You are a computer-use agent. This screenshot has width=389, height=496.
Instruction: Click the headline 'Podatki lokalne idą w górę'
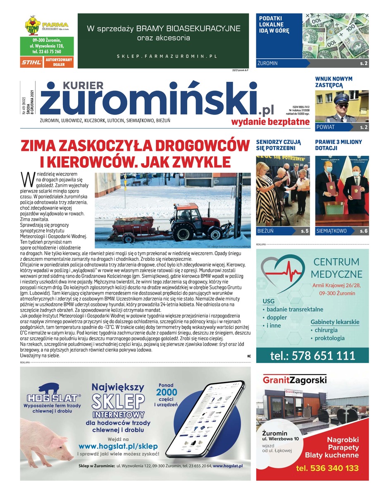coord(274,24)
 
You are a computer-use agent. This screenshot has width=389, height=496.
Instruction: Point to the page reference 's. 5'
coord(304,231)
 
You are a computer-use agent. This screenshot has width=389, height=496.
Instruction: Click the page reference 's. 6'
coord(363,231)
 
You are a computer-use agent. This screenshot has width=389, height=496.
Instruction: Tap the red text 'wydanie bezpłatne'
coord(270,122)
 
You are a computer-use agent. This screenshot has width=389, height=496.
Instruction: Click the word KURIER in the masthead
coord(83,85)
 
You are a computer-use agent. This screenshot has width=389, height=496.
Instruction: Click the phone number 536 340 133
coord(327,468)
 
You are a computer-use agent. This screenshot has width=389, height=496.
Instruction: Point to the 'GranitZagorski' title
coord(295,379)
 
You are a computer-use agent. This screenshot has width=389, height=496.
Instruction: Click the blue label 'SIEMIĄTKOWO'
coord(332,231)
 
